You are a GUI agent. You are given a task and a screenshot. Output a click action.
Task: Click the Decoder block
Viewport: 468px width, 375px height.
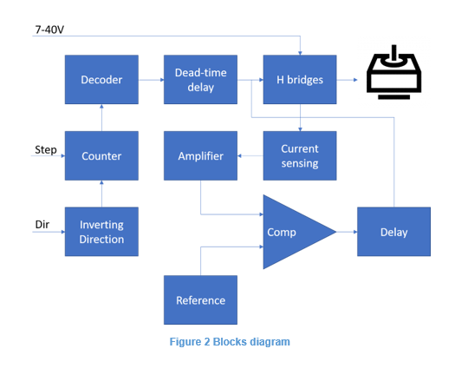coord(101,80)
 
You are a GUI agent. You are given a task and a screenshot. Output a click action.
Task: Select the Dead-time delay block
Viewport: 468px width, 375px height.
coord(200,80)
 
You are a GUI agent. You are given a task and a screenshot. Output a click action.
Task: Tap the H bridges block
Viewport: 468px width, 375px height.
coord(300,80)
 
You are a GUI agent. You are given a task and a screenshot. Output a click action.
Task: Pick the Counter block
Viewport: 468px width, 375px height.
coord(101,155)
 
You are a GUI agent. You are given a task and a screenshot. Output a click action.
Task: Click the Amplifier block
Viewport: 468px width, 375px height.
coord(200,155)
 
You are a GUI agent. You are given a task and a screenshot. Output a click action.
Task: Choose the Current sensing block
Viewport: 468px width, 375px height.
coord(300,155)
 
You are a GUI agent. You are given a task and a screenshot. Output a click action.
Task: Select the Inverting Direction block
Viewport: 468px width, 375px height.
coord(101,232)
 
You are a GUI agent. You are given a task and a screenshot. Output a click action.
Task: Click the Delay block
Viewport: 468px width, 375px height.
coord(393,232)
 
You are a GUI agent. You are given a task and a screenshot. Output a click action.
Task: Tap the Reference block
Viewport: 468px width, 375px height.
coord(200,300)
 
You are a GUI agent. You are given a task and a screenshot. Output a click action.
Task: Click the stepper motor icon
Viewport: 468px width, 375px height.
coord(394,72)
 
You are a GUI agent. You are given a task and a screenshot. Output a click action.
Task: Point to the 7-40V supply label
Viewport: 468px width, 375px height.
coord(49,30)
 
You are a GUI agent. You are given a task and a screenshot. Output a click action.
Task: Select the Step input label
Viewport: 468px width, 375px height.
coord(46,149)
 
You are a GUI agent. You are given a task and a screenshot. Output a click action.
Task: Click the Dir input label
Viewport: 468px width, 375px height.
coord(42,224)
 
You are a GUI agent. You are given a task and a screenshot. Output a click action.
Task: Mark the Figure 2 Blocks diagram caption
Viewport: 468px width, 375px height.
coord(230,342)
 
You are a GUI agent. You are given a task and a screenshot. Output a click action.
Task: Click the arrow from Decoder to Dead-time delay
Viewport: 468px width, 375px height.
coord(151,80)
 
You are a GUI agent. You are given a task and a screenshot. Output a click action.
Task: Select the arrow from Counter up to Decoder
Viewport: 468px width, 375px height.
coord(101,117)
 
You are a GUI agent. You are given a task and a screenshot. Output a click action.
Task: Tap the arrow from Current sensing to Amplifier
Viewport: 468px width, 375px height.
coord(250,155)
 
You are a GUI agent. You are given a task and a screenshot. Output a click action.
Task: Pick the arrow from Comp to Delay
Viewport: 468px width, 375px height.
coord(347,232)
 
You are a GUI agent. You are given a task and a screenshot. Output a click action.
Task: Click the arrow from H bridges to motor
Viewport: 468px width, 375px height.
coord(347,80)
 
